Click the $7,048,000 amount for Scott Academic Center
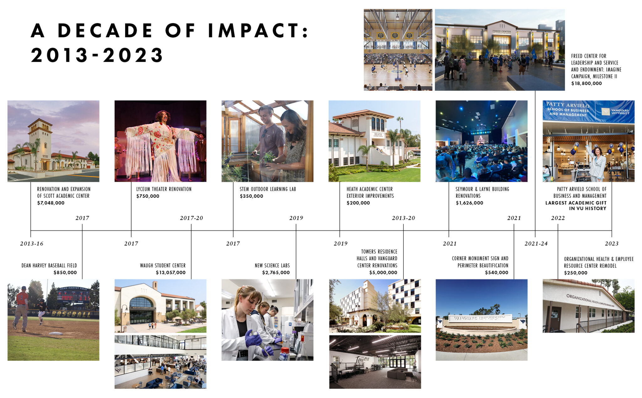click(51, 203)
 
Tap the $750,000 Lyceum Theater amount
click(148, 196)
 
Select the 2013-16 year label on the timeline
click(32, 244)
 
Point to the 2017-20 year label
click(192, 218)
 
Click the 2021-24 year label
click(536, 244)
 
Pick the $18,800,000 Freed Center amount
click(587, 83)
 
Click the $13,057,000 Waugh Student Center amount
click(171, 273)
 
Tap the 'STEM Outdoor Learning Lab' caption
click(268, 189)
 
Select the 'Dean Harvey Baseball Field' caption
click(49, 265)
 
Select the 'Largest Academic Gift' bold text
click(576, 206)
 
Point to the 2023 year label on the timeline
click(612, 244)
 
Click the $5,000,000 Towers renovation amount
click(383, 273)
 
